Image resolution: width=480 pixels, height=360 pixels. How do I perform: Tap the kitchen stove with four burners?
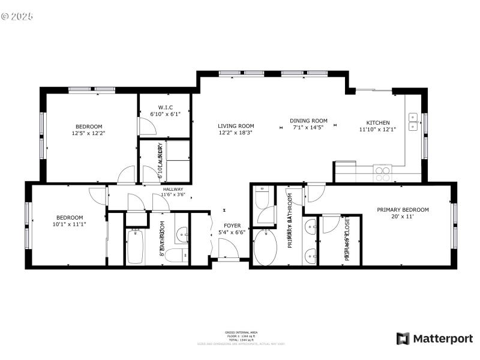click(382, 173)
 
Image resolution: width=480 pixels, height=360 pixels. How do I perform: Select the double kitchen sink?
click(413, 122)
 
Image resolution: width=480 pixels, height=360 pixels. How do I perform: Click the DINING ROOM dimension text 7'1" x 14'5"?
click(308, 128)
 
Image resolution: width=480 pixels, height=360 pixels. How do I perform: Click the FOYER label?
click(232, 226)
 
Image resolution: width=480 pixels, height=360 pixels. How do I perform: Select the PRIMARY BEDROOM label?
click(403, 209)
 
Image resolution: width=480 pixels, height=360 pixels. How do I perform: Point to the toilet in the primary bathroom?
click(263, 197)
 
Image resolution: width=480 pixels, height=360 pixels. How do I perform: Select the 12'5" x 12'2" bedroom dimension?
click(89, 133)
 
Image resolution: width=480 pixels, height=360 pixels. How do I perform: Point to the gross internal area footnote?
click(241, 336)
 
